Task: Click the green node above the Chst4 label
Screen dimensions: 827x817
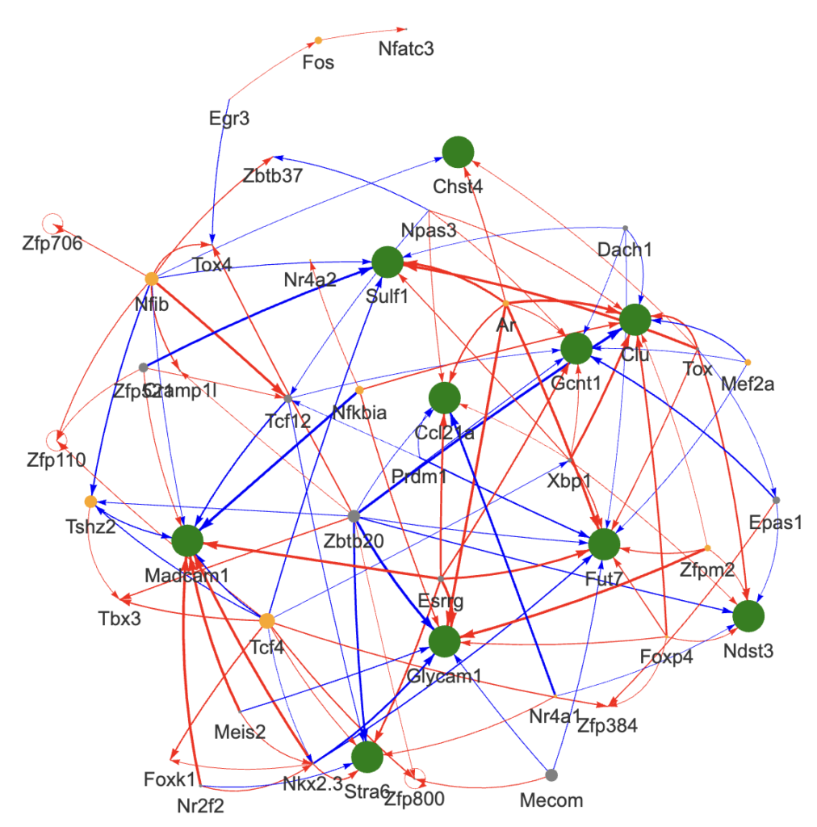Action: coord(458,152)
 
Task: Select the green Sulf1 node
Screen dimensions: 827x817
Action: coord(388,262)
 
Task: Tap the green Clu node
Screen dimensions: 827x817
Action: coord(635,319)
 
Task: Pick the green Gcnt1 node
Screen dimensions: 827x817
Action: coord(576,349)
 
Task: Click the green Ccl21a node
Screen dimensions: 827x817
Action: coord(444,397)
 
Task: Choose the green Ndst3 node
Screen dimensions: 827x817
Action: coord(748,615)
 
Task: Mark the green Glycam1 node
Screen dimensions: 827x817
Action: coord(444,640)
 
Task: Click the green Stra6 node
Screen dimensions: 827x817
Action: coord(367,757)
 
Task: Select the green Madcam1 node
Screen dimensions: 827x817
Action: coord(186,540)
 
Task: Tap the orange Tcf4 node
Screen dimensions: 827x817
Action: coord(267,620)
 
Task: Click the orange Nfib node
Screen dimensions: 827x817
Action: coord(152,279)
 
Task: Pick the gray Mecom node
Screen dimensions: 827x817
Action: coord(551,775)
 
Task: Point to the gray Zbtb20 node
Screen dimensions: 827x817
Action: coord(353,515)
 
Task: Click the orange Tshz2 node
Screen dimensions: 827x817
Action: coord(90,502)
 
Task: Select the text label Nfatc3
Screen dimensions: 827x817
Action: coord(406,48)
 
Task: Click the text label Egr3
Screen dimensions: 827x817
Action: coord(228,119)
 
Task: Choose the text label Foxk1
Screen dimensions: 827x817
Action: coord(170,780)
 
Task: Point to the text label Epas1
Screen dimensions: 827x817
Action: coord(776,522)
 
